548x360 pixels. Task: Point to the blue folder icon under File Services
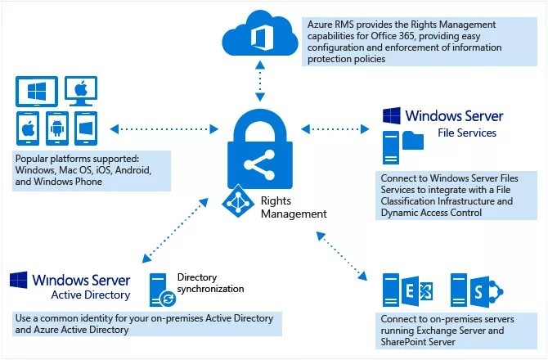coord(413,142)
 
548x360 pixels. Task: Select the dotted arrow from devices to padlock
coord(164,128)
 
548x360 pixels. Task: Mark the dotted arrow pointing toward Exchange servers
coord(339,254)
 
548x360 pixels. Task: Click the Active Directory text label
coord(91,295)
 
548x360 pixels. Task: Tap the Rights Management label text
coord(293,207)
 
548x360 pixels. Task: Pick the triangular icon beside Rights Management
coord(238,200)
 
